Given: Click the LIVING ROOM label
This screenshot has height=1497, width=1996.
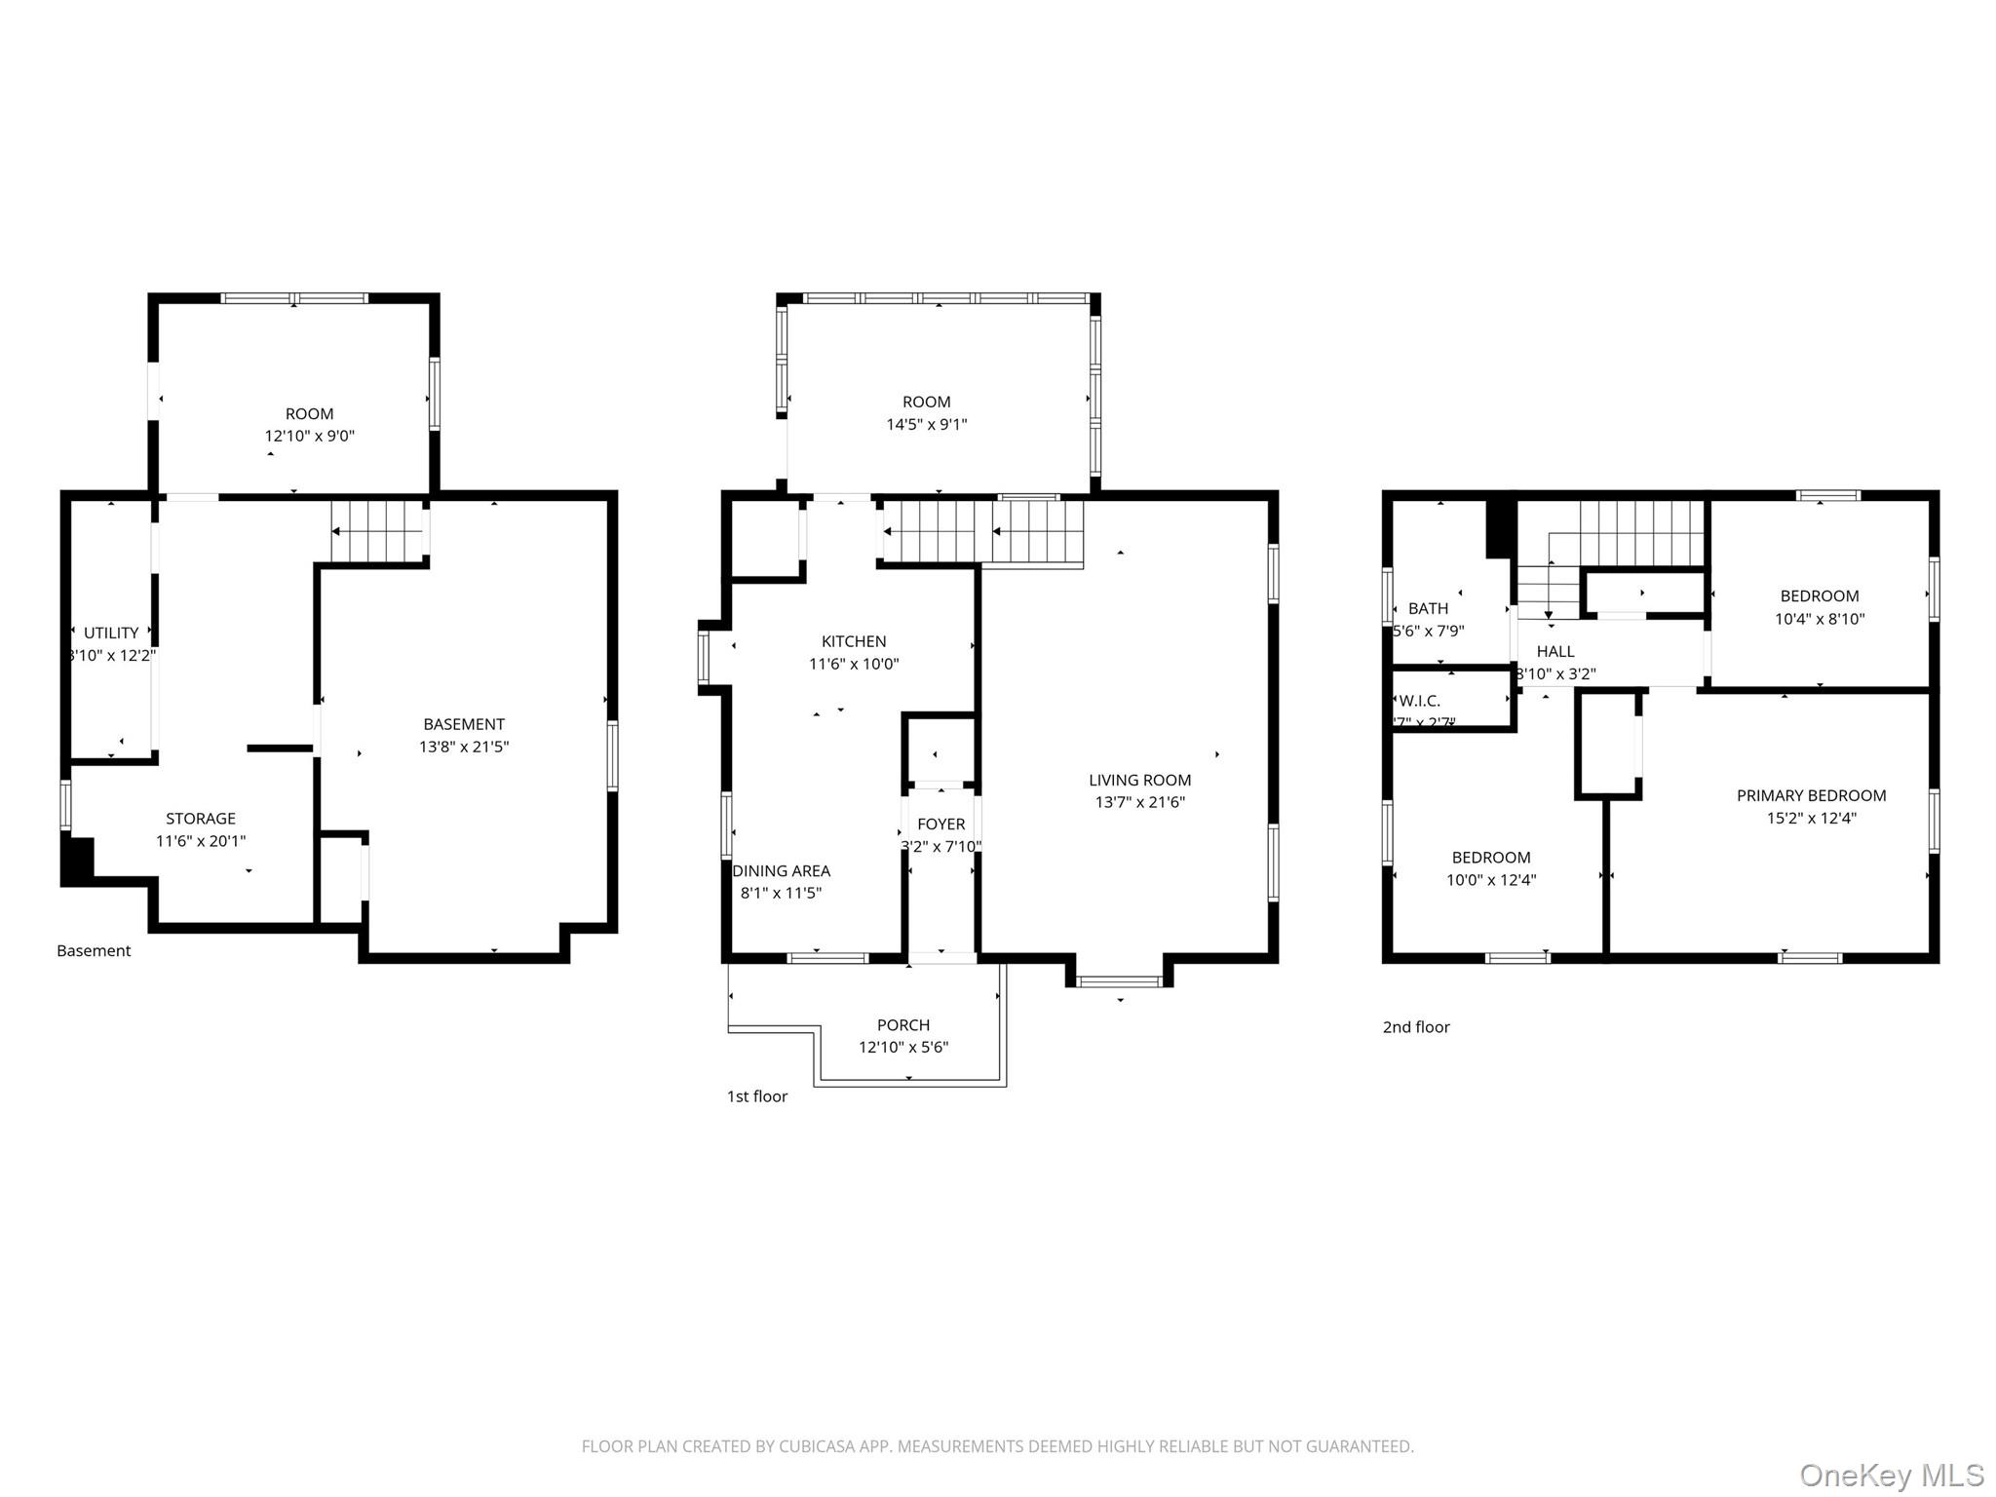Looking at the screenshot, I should point(1139,780).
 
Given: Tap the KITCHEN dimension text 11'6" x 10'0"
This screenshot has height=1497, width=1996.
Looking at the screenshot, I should point(854,665).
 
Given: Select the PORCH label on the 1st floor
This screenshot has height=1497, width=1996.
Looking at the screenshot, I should point(903,1025).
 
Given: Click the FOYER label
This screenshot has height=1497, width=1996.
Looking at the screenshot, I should point(940,825).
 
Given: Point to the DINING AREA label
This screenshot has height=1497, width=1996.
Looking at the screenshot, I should point(782,871).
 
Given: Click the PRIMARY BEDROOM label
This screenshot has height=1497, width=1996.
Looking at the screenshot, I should point(1811,796).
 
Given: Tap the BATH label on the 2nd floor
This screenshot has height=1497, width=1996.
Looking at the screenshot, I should point(1428,609).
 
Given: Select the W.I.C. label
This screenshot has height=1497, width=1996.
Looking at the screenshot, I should point(1419,701).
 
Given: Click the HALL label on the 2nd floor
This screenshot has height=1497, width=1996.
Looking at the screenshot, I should point(1555,652).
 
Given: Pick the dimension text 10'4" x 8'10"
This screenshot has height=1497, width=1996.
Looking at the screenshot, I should point(1820,619).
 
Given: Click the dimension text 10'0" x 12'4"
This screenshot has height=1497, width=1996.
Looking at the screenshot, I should point(1491,880).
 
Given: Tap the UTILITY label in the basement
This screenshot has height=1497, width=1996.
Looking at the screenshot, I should point(111,633).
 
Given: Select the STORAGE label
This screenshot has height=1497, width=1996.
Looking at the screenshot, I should point(201,819).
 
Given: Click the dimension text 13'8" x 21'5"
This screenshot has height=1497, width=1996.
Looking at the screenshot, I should point(464,748).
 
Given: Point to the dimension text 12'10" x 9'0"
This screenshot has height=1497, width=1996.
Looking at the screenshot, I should point(310,437).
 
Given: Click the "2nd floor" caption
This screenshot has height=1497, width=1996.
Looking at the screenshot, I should point(1416,1027).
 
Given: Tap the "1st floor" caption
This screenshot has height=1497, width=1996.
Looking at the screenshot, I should point(757,1096).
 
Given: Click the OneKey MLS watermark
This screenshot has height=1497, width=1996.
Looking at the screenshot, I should point(1892,1476).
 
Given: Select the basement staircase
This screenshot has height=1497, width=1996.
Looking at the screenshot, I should point(376,531).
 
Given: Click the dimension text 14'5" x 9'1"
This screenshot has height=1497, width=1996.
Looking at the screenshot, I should point(926,425).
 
